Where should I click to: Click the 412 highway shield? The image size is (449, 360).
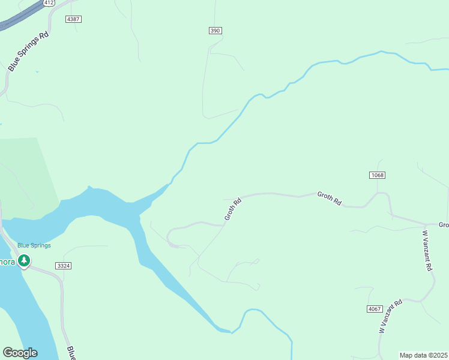pos(49,3)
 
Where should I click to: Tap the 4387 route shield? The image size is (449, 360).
pos(73,19)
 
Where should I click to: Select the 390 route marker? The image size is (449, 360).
pos(215,31)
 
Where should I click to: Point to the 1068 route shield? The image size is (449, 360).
pos(377,175)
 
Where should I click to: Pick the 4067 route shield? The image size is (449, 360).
pos(374,308)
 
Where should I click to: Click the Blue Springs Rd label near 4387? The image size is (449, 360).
pos(28,53)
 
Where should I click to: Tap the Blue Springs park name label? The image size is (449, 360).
pos(34,245)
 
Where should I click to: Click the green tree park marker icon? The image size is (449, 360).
pos(24,261)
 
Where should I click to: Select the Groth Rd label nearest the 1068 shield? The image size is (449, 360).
pos(330,199)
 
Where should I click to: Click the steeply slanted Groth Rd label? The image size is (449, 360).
pos(232,209)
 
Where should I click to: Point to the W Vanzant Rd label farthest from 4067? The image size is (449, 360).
pos(428,251)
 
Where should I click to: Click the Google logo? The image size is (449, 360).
pos(20,353)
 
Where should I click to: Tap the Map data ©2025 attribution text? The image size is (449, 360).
pos(423,355)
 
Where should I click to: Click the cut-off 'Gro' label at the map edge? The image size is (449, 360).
pos(444,225)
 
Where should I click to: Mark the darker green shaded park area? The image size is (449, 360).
pos(27,174)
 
